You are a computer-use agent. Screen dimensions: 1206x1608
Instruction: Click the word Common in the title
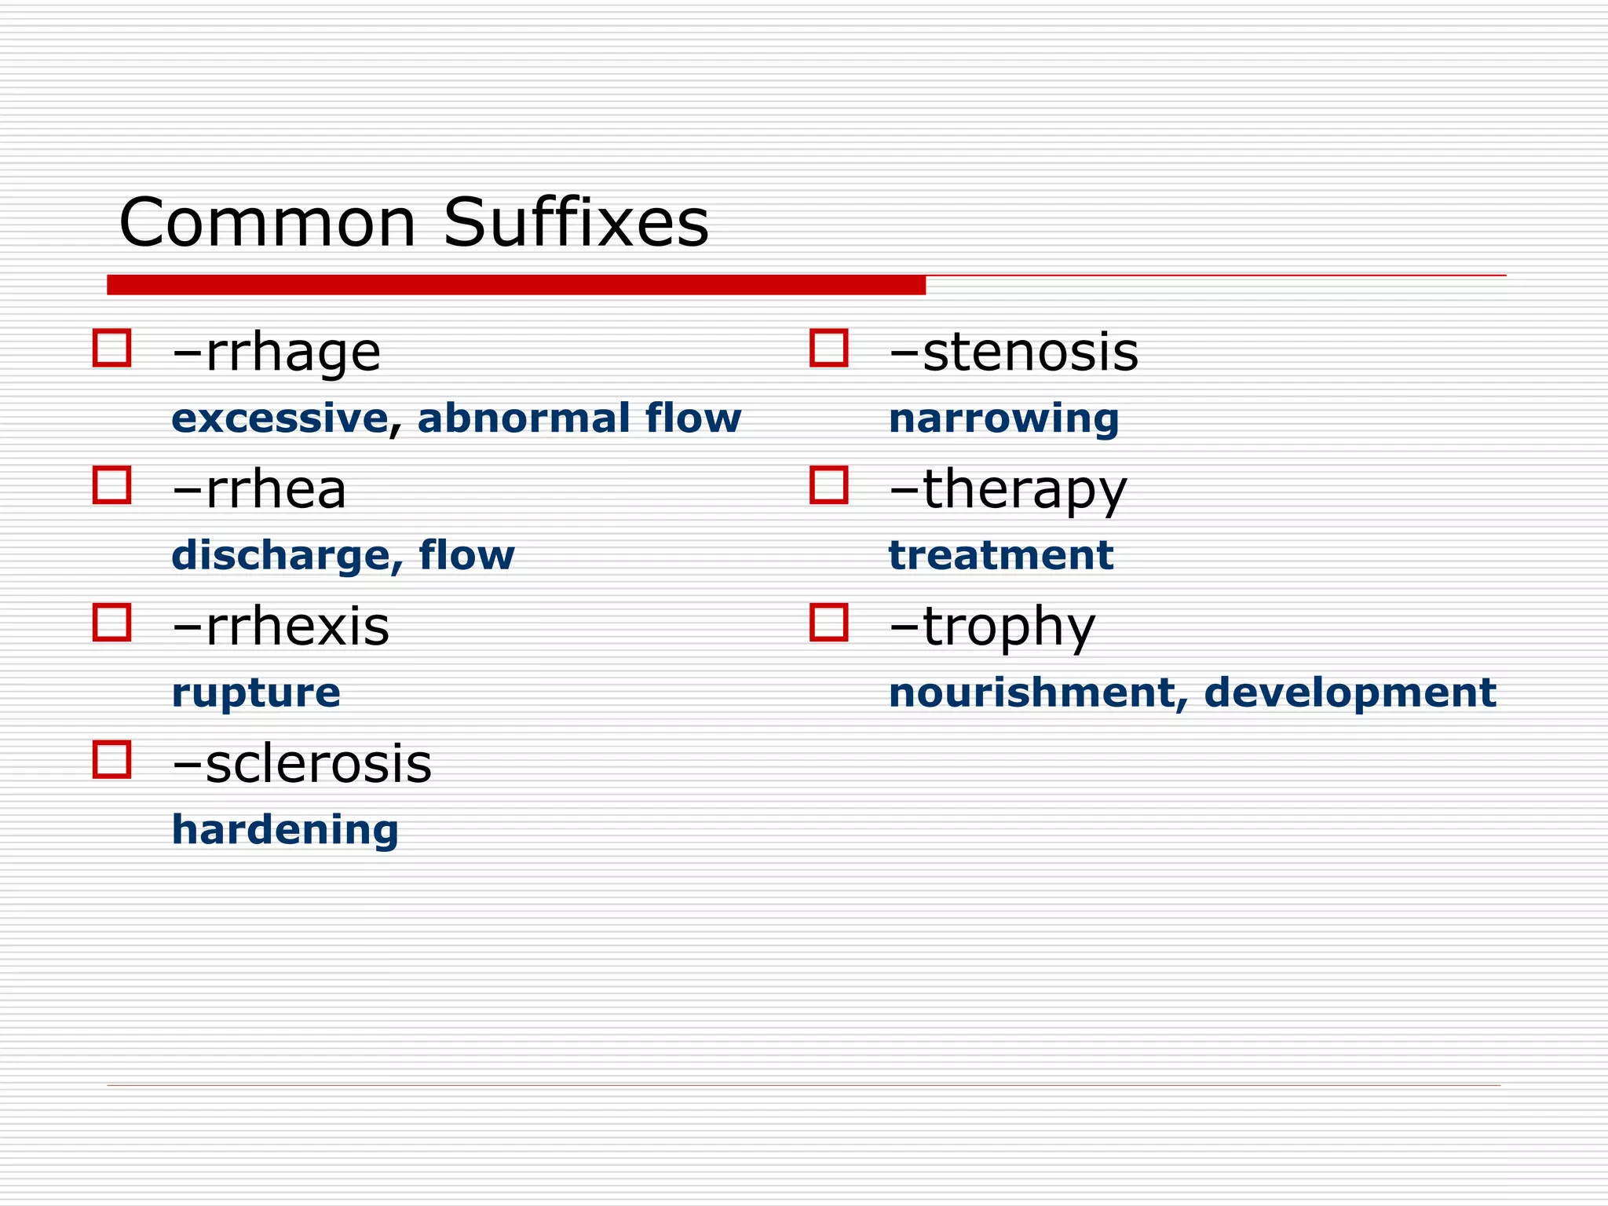click(267, 223)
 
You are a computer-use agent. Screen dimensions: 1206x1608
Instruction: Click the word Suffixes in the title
click(576, 223)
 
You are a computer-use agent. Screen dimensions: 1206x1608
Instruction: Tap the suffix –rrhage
click(276, 353)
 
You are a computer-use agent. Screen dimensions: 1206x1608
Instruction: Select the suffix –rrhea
click(259, 490)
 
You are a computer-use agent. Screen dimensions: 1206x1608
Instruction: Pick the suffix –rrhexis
click(280, 627)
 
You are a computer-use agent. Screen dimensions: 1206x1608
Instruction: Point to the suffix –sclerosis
click(301, 764)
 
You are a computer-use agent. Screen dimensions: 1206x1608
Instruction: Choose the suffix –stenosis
click(1013, 353)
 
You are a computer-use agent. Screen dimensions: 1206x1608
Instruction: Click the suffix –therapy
click(1007, 490)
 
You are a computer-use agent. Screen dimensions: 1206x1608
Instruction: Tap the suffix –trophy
click(992, 627)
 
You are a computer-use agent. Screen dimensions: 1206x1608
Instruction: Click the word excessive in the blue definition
click(280, 418)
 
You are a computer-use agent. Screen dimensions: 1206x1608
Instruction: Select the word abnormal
click(522, 418)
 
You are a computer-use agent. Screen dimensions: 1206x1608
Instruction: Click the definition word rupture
click(256, 693)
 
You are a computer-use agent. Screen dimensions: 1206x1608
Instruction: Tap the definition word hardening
click(285, 831)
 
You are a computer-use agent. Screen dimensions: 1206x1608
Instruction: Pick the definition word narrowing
click(1003, 418)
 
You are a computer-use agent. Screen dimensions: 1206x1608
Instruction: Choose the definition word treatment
click(1000, 556)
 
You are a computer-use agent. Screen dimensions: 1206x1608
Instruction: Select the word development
click(1350, 693)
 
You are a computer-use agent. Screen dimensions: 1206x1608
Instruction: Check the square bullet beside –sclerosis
click(111, 759)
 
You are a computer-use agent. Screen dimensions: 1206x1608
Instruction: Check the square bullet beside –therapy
click(828, 485)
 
